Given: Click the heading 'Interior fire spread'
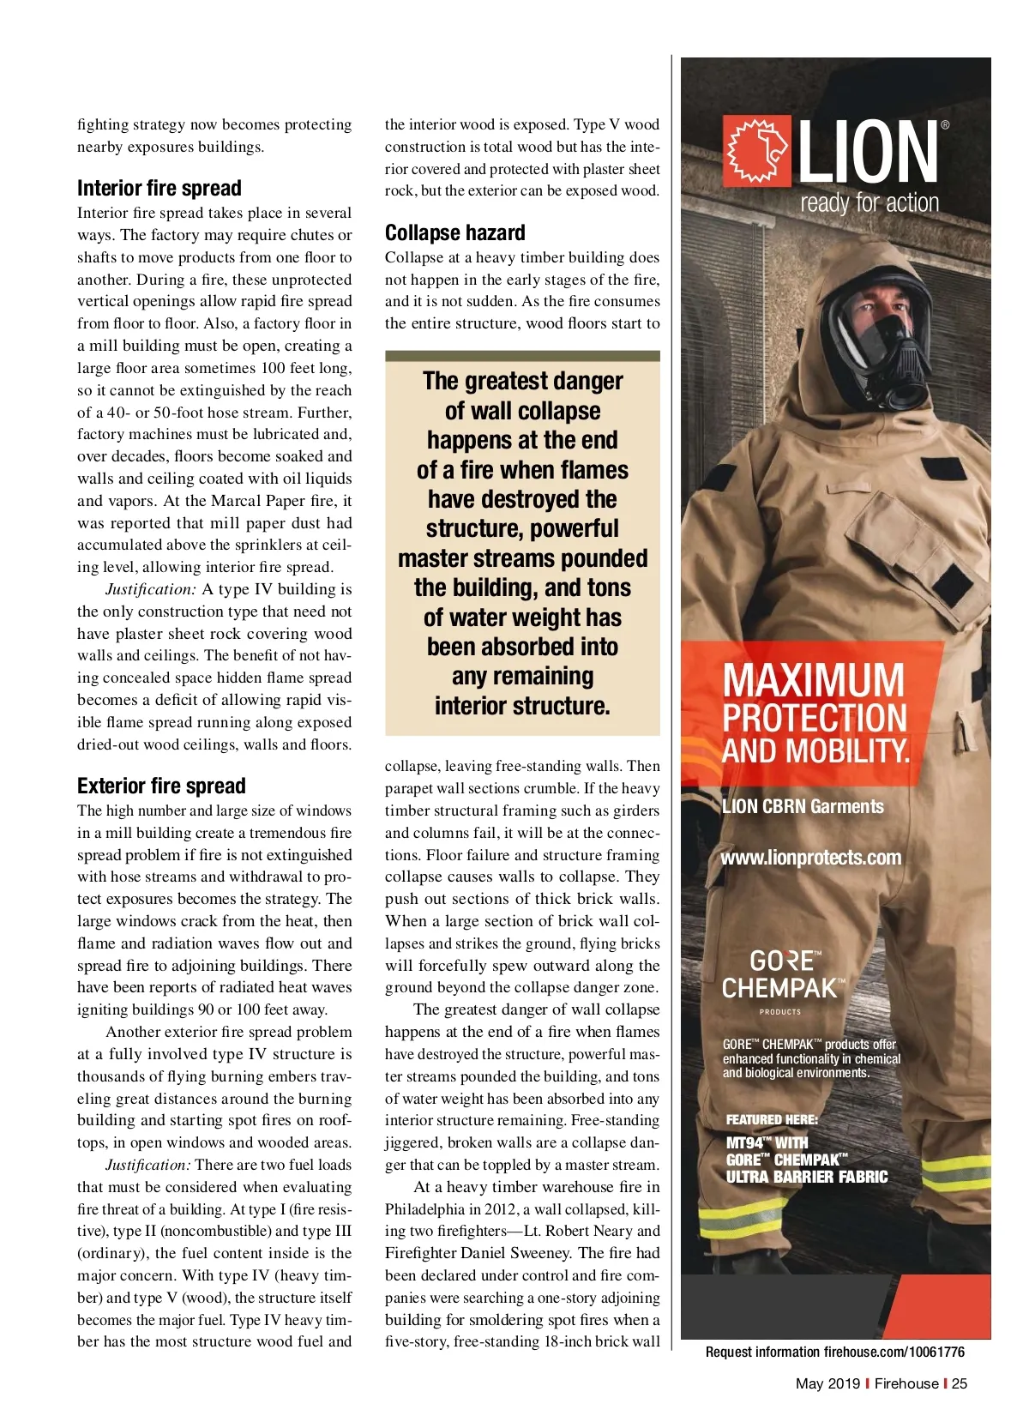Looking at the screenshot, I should pyautogui.click(x=159, y=189).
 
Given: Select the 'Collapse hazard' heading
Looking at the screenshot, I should pyautogui.click(x=454, y=233).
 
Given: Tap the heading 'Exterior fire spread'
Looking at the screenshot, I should pyautogui.click(x=161, y=786).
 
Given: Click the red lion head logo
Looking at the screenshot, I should pyautogui.click(x=756, y=152).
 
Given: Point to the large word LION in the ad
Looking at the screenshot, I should pyautogui.click(x=868, y=153).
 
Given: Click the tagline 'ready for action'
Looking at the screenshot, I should pyautogui.click(x=870, y=203).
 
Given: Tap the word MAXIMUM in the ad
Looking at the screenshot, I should pyautogui.click(x=813, y=680).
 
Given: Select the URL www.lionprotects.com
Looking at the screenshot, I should pyautogui.click(x=810, y=858).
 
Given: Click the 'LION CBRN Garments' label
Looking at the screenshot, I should pyautogui.click(x=803, y=806).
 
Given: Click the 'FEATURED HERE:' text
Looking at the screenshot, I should pyautogui.click(x=772, y=1119).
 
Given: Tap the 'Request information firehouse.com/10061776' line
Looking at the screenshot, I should pyautogui.click(x=834, y=1352).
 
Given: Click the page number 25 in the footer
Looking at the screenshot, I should pyautogui.click(x=960, y=1383).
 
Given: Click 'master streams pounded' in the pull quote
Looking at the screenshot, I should pyautogui.click(x=522, y=558).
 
